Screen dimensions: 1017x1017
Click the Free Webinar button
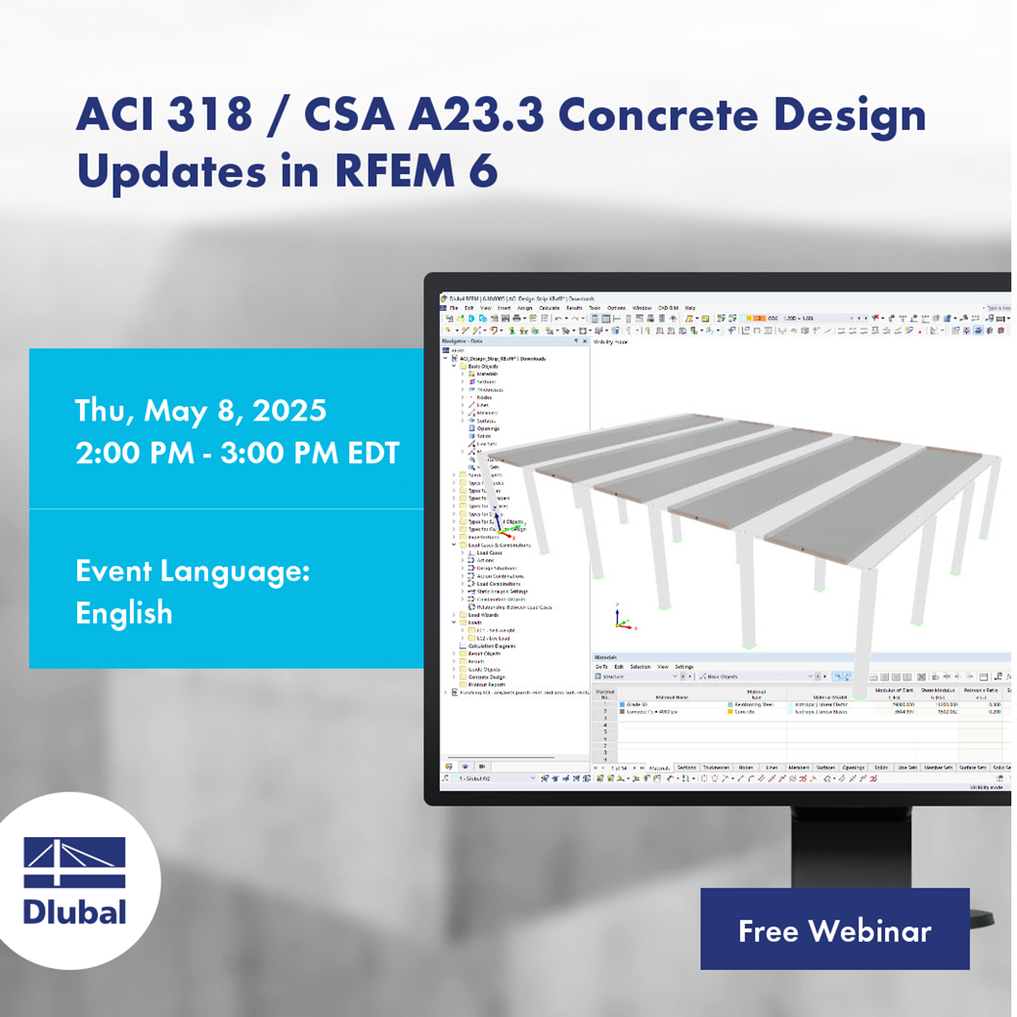[834, 930]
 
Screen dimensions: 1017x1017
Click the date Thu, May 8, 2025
[200, 411]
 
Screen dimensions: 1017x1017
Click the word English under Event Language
[123, 613]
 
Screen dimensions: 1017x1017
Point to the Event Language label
[192, 571]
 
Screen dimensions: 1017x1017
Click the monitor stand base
[963, 917]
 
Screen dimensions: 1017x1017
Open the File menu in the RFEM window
[453, 308]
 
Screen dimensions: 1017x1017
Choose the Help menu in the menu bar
[689, 308]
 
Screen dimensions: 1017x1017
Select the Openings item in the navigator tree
[489, 428]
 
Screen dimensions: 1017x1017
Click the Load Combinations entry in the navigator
[503, 584]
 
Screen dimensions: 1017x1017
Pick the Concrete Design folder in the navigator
[487, 677]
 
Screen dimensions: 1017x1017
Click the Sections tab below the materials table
[686, 768]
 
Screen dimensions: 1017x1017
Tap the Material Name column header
[671, 696]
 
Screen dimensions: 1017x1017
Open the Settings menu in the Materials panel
[684, 667]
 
